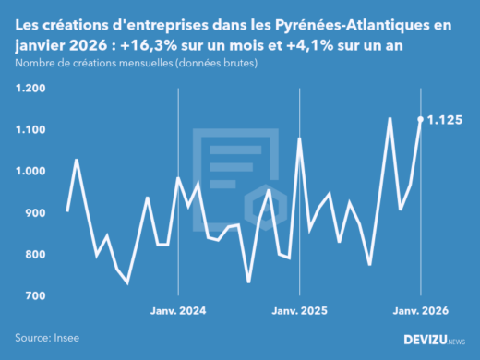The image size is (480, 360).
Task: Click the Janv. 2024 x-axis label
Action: click(x=178, y=311)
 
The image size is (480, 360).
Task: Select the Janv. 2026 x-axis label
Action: click(x=421, y=311)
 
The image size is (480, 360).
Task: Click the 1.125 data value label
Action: click(x=446, y=120)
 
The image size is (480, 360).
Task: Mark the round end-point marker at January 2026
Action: click(x=421, y=119)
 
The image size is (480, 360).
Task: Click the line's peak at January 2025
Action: click(x=300, y=138)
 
